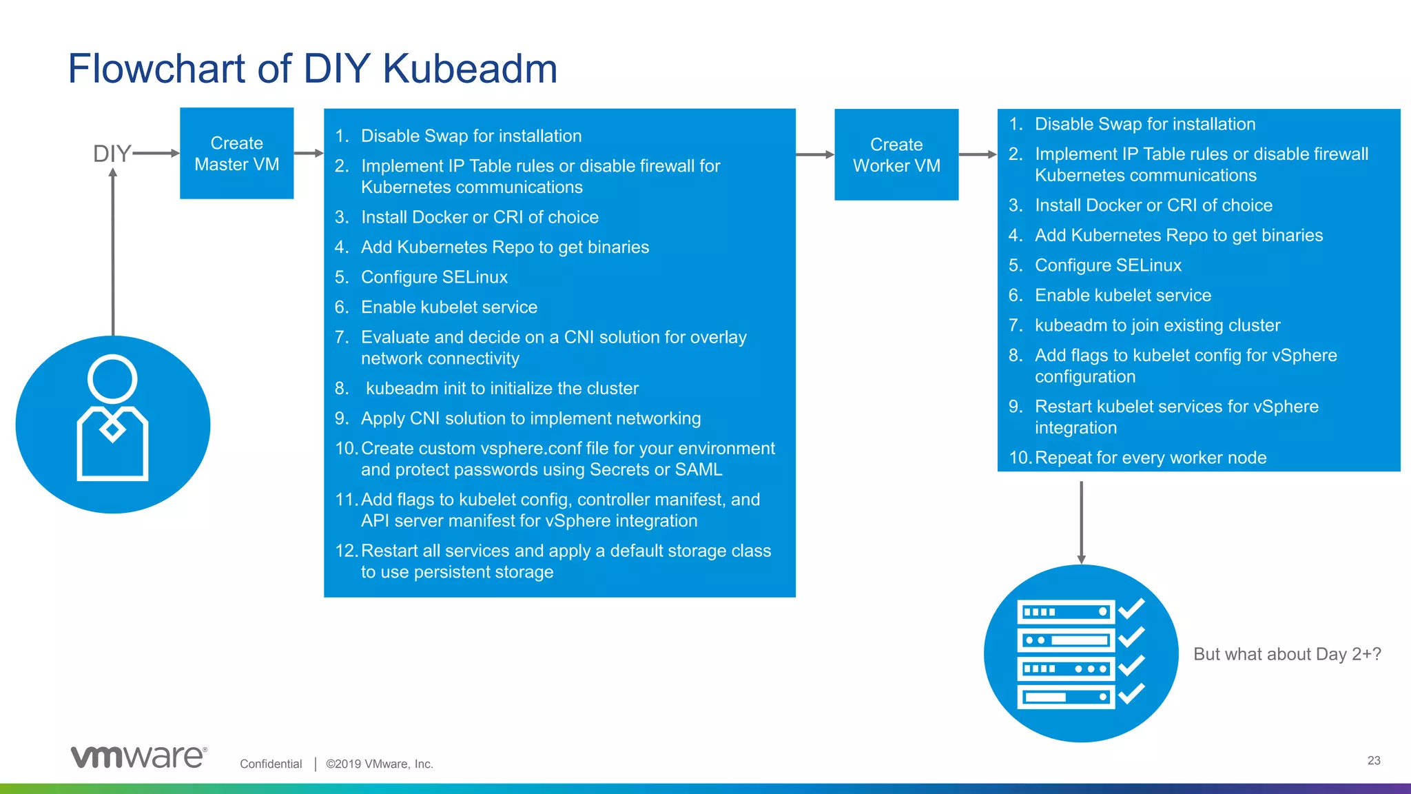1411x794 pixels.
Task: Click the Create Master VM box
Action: (236, 153)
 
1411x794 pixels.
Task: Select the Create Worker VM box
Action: (896, 154)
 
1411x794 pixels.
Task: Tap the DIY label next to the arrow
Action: (111, 153)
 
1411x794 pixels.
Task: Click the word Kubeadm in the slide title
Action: (469, 69)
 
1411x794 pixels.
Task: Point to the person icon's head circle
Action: (112, 379)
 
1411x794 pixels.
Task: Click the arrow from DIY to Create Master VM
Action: (156, 153)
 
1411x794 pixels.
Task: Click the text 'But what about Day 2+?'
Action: (1287, 654)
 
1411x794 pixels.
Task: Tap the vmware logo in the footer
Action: (138, 757)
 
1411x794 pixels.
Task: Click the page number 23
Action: (1373, 760)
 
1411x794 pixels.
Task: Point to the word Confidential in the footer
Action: (271, 764)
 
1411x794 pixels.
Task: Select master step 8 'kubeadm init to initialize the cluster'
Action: (502, 388)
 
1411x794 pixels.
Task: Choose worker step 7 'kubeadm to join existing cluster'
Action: (1157, 325)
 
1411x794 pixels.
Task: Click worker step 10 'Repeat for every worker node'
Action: (1150, 458)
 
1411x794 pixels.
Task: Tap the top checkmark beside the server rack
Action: (1131, 609)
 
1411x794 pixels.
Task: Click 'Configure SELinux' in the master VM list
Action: (434, 277)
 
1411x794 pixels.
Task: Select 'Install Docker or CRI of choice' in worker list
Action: (1153, 205)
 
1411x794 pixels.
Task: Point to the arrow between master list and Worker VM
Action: (814, 154)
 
